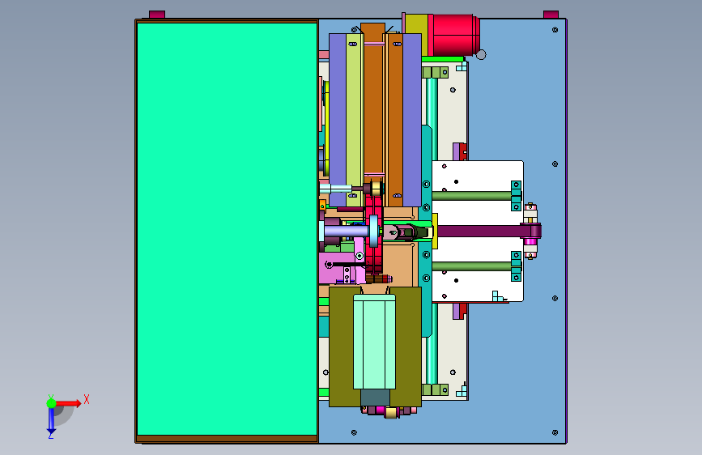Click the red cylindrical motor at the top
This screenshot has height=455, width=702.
(453, 35)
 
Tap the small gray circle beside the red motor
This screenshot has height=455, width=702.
(481, 54)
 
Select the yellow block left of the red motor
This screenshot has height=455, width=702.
(416, 35)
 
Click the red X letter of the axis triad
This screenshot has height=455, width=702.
(87, 399)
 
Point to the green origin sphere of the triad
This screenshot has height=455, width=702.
(52, 403)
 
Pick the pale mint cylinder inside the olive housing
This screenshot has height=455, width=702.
(374, 342)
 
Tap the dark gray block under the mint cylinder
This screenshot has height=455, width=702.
(375, 398)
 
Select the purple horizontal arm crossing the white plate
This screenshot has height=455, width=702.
(488, 231)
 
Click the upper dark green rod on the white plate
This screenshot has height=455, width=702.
(472, 196)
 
